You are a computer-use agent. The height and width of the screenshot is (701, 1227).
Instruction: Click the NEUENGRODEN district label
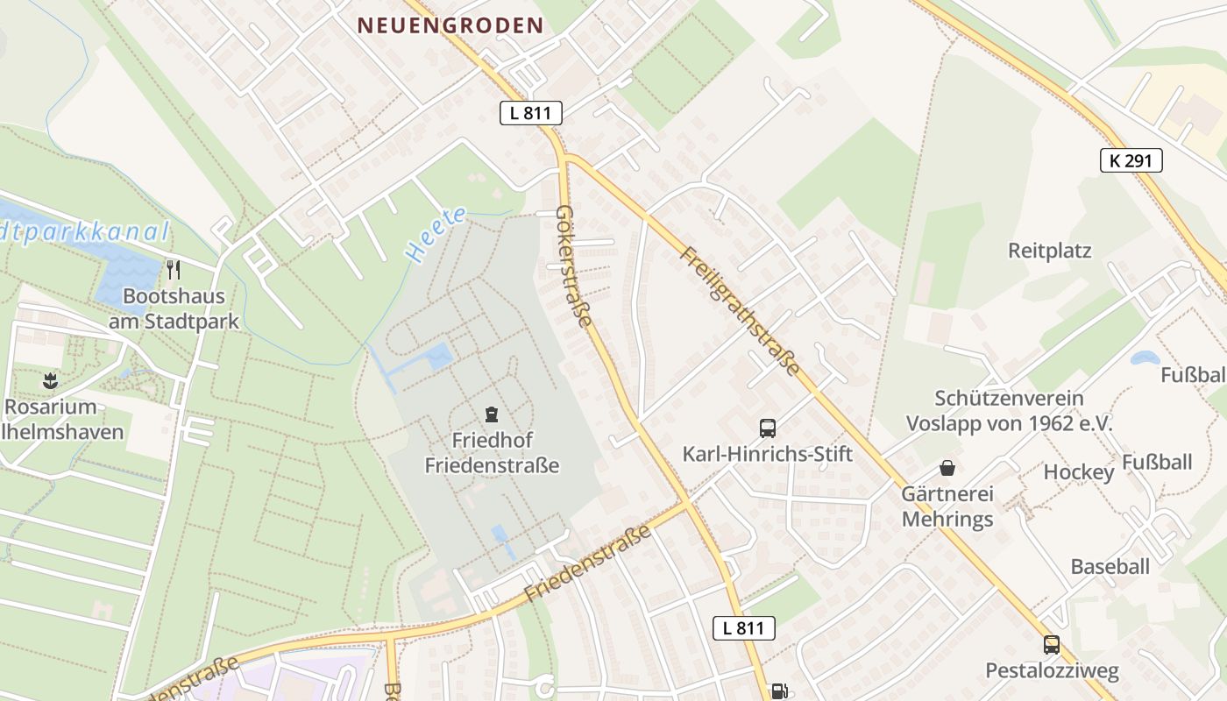450,25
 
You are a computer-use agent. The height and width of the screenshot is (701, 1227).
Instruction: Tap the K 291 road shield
1131,160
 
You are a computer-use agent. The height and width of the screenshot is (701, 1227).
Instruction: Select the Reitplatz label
1049,251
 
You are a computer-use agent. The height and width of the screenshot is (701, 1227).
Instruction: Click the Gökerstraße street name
575,266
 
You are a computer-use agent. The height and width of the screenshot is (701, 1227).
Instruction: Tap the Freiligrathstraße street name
741,312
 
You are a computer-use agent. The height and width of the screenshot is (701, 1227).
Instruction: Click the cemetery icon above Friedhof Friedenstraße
492,414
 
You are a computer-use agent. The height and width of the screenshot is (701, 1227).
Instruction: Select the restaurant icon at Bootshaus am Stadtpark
174,270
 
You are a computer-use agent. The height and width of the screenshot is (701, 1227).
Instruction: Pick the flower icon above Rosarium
49,381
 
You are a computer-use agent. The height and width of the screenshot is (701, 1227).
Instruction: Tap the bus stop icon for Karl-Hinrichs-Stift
768,428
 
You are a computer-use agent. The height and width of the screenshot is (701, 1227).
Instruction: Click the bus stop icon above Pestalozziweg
1052,646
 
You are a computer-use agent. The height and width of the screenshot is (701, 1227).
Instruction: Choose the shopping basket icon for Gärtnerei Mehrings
947,468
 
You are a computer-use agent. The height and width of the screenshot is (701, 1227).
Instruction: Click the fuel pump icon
777,691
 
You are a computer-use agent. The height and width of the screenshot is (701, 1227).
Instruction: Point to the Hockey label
1078,473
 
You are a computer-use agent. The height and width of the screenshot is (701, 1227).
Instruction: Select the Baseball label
1110,566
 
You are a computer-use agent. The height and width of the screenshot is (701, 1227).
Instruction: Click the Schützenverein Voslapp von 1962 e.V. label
1009,411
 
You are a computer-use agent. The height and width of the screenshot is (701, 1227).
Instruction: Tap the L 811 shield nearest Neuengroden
530,113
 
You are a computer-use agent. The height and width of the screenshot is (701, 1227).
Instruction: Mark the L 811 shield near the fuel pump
743,627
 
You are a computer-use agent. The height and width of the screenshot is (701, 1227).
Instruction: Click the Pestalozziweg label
1052,671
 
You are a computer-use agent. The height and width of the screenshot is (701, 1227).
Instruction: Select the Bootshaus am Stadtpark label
174,308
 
